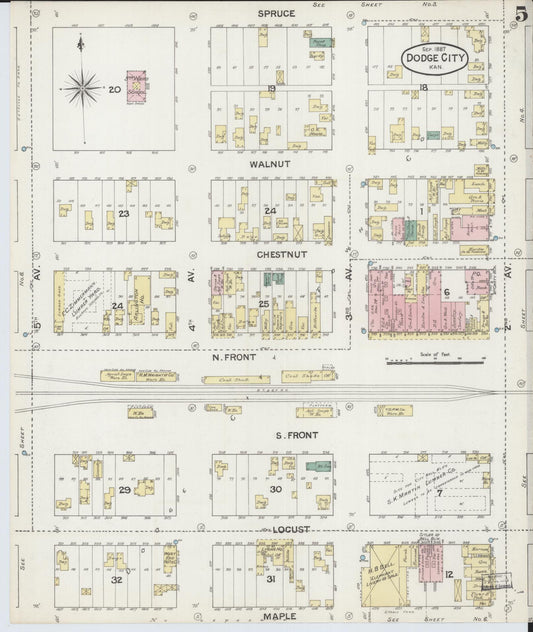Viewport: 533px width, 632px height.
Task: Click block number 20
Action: pos(115,89)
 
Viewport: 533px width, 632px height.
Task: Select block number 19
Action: pos(271,89)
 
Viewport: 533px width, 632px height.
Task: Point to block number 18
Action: pos(423,89)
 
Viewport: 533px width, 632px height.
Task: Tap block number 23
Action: pos(124,213)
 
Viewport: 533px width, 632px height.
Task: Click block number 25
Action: pos(264,303)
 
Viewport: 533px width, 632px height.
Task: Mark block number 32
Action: pos(117,580)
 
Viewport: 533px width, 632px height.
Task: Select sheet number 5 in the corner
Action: pos(520,14)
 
